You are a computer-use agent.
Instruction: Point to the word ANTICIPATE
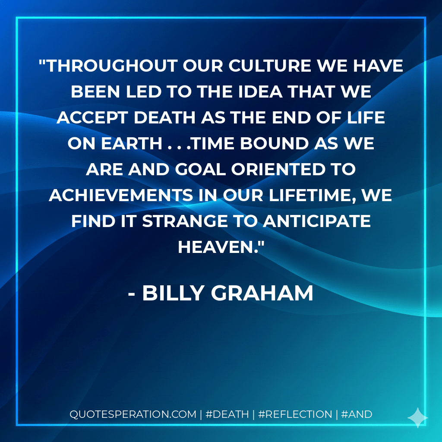(317, 221)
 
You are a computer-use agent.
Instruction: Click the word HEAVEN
(218, 247)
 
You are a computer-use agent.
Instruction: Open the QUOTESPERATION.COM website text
(133, 414)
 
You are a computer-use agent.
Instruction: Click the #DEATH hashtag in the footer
(227, 414)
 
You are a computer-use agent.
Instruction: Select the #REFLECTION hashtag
(295, 414)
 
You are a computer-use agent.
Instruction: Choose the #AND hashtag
(357, 414)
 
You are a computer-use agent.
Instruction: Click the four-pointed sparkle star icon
(418, 418)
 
